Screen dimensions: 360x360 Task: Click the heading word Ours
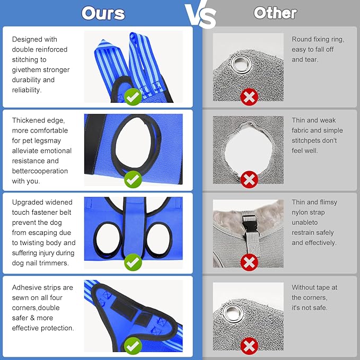pyautogui.click(x=103, y=13)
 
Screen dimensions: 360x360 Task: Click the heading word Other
pyautogui.click(x=275, y=13)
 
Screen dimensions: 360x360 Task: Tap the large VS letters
pyautogui.click(x=200, y=14)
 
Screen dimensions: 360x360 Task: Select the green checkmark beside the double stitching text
pyautogui.click(x=133, y=97)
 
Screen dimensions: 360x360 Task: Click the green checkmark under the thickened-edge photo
pyautogui.click(x=133, y=179)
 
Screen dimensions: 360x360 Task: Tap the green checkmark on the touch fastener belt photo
pyautogui.click(x=133, y=262)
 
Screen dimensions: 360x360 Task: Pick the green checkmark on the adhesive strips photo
pyautogui.click(x=133, y=346)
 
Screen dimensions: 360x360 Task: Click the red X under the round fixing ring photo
pyautogui.click(x=249, y=97)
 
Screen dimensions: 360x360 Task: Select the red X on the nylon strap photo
pyautogui.click(x=249, y=262)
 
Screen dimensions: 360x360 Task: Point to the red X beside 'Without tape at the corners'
pyautogui.click(x=249, y=346)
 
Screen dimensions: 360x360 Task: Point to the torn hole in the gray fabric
pyautogui.click(x=249, y=149)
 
